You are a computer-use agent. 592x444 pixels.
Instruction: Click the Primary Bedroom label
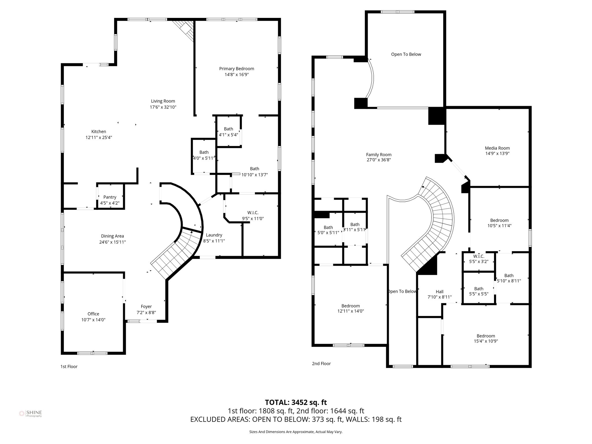tap(236, 69)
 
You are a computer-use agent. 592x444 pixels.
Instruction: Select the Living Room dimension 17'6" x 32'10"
tap(163, 107)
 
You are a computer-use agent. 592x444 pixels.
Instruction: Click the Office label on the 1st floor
tap(93, 314)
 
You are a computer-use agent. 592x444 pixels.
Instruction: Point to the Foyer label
tap(146, 306)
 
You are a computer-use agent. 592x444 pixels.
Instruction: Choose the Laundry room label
tap(214, 235)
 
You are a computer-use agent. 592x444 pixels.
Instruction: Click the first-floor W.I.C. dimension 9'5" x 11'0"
tap(253, 219)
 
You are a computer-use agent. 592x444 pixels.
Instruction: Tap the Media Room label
tap(497, 148)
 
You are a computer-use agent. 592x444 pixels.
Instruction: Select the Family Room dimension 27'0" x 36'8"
tap(379, 160)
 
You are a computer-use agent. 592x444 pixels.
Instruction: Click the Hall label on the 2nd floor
tap(439, 292)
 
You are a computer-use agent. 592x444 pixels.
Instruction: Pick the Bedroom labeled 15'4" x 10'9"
tap(486, 338)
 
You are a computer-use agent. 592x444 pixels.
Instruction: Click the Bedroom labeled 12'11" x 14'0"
tap(350, 308)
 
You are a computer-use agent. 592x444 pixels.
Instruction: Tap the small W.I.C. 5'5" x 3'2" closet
tap(479, 259)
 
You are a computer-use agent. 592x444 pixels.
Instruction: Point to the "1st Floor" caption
tap(69, 367)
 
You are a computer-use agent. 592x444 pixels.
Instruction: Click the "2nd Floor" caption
tap(321, 364)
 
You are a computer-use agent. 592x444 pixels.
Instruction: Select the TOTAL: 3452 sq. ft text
tap(296, 402)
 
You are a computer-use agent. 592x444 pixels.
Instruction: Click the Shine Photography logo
tap(30, 414)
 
